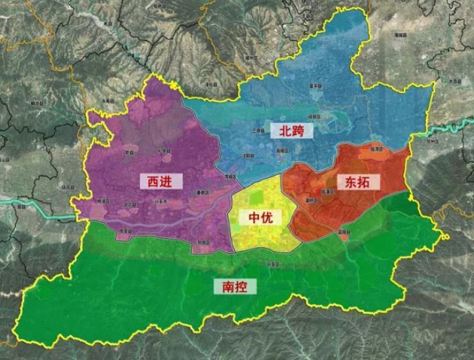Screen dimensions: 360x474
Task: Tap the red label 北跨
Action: coord(291,130)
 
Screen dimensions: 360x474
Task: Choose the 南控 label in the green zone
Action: coord(234,286)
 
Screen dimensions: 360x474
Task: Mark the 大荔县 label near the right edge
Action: coord(453,81)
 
